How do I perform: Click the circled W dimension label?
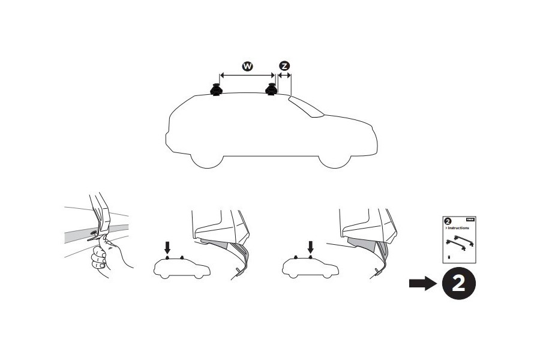[247, 65]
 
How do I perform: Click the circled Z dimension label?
[284, 65]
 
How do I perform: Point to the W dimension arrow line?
[247, 76]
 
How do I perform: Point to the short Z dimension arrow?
[284, 76]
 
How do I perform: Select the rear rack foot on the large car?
[216, 89]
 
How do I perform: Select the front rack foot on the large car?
[271, 89]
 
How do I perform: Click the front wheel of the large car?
[334, 158]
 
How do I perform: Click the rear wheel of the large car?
[206, 158]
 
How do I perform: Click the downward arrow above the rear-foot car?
[167, 246]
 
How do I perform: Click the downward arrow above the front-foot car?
[310, 246]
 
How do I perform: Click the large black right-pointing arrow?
[422, 284]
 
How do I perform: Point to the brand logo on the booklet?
[471, 221]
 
